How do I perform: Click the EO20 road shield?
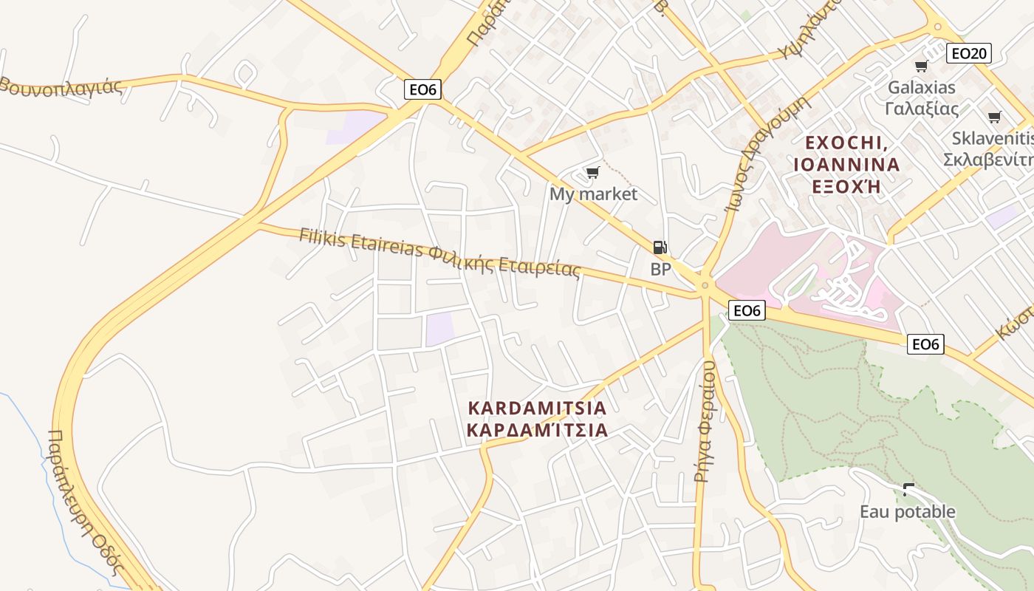969,53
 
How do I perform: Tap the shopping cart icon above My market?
592,173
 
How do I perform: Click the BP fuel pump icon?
660,247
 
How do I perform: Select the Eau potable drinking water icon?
908,489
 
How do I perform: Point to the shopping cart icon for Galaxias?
921,66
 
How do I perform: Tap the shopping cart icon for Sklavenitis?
994,117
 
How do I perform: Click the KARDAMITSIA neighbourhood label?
538,419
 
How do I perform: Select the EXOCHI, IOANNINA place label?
846,164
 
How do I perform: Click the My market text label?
593,194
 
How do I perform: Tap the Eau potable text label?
907,511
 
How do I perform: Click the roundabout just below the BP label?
705,285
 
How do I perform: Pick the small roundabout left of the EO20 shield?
938,27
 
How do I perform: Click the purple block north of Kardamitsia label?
439,329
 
